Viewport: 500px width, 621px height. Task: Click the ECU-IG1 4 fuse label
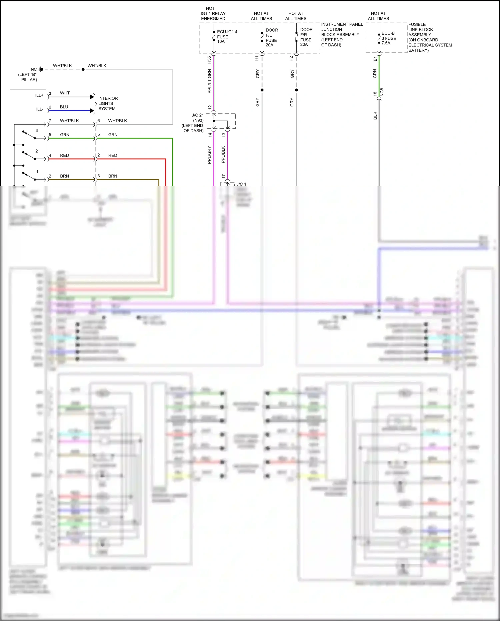pyautogui.click(x=227, y=37)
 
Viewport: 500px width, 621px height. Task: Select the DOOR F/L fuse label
pyautogui.click(x=271, y=37)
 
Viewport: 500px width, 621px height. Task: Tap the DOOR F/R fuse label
pyautogui.click(x=306, y=37)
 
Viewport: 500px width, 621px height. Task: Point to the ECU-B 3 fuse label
pyautogui.click(x=389, y=38)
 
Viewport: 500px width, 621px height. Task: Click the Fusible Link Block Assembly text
pyautogui.click(x=430, y=37)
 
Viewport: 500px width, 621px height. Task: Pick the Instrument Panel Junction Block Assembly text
pyautogui.click(x=342, y=34)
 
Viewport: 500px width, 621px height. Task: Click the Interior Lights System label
pyautogui.click(x=108, y=103)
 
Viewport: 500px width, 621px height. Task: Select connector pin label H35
pyautogui.click(x=209, y=60)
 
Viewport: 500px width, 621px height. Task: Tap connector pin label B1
pyautogui.click(x=375, y=59)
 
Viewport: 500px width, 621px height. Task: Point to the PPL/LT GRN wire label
pyautogui.click(x=209, y=81)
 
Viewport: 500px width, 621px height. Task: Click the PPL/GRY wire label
pyautogui.click(x=209, y=155)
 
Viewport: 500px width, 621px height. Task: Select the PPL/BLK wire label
pyautogui.click(x=223, y=154)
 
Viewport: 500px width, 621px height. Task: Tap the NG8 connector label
pyautogui.click(x=382, y=92)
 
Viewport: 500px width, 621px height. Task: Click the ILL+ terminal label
pyautogui.click(x=39, y=95)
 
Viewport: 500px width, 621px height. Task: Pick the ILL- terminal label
pyautogui.click(x=40, y=109)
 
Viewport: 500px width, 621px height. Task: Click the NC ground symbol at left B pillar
pyautogui.click(x=40, y=69)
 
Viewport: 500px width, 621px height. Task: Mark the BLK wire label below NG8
pyautogui.click(x=375, y=115)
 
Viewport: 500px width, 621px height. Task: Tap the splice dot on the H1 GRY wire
pyautogui.click(x=262, y=90)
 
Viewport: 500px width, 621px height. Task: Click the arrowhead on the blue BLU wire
pyautogui.click(x=92, y=111)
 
